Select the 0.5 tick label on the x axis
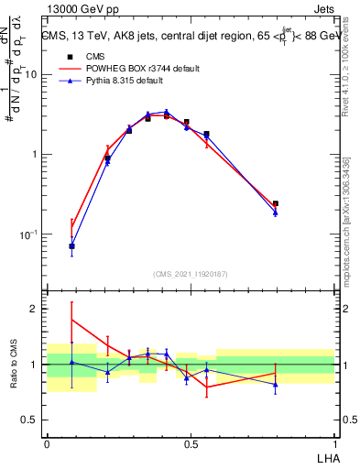[x=191, y=443]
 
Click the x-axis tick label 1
[x=334, y=443]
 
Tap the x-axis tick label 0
[x=47, y=443]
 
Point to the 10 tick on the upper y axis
[x=32, y=74]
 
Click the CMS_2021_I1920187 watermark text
[x=190, y=275]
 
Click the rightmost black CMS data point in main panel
[x=276, y=203]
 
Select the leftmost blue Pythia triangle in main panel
[x=72, y=245]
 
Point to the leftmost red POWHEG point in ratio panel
[x=72, y=320]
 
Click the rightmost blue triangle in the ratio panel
[x=276, y=384]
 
